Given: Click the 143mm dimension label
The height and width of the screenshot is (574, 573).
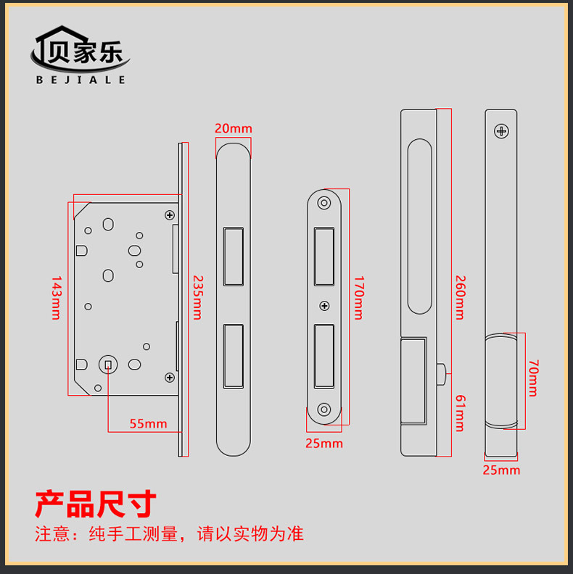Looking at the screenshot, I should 57,297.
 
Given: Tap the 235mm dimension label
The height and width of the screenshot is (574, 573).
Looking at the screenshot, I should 197,297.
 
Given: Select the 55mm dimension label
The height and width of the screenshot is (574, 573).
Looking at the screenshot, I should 148,424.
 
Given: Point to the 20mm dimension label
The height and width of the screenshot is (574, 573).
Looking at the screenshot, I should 234,128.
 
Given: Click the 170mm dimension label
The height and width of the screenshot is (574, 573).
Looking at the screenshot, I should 358,297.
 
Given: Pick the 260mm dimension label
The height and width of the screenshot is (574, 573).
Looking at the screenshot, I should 459,297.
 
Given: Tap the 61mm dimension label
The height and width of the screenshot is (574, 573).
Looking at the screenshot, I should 459,412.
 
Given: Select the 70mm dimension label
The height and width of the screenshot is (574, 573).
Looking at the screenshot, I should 532,377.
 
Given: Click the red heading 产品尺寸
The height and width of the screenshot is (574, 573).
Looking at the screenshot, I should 96,503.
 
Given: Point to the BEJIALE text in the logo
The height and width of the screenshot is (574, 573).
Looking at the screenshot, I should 81,80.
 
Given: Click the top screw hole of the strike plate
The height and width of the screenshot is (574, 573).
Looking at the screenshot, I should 324,202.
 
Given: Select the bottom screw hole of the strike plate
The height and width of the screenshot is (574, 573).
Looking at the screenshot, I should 324,410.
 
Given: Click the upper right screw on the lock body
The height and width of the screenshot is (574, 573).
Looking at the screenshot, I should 170,215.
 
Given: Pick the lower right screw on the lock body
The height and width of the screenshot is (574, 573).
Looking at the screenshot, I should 170,377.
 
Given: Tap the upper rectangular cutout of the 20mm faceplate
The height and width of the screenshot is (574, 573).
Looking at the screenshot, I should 234,256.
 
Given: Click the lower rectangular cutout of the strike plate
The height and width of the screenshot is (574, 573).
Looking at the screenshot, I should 324,355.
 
